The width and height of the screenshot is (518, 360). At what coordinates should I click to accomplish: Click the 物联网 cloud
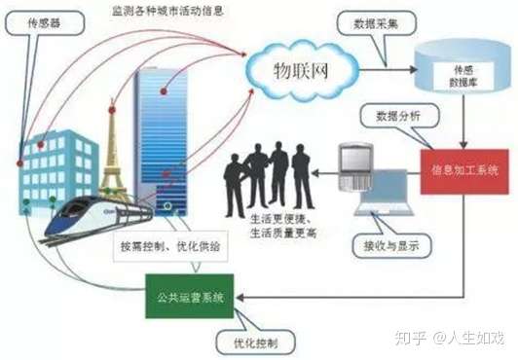299,69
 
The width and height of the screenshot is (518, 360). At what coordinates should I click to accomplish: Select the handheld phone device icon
354,166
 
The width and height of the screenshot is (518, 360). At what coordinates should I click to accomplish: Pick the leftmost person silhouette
236,184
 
